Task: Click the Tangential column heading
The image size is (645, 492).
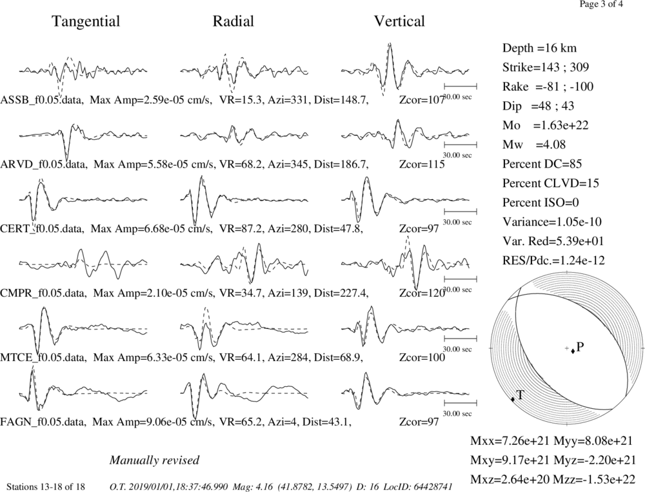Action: click(86, 21)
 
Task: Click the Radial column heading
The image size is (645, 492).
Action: click(233, 21)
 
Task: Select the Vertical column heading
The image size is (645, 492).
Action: click(399, 21)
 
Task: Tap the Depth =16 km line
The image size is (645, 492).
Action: click(540, 48)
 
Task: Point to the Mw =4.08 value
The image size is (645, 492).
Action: click(534, 144)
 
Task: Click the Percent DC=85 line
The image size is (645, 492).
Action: click(542, 164)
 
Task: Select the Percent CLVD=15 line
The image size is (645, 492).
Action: click(550, 183)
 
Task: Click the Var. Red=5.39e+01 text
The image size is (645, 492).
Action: click(553, 241)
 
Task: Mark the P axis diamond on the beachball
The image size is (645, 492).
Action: click(573, 351)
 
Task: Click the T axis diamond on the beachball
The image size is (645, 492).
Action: click(513, 399)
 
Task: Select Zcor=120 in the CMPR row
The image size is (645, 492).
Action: click(422, 293)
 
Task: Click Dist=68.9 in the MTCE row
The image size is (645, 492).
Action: click(338, 357)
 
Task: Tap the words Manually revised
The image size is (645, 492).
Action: click(154, 460)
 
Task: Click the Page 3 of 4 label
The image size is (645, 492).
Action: click(601, 4)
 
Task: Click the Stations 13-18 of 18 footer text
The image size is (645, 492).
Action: click(46, 487)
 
